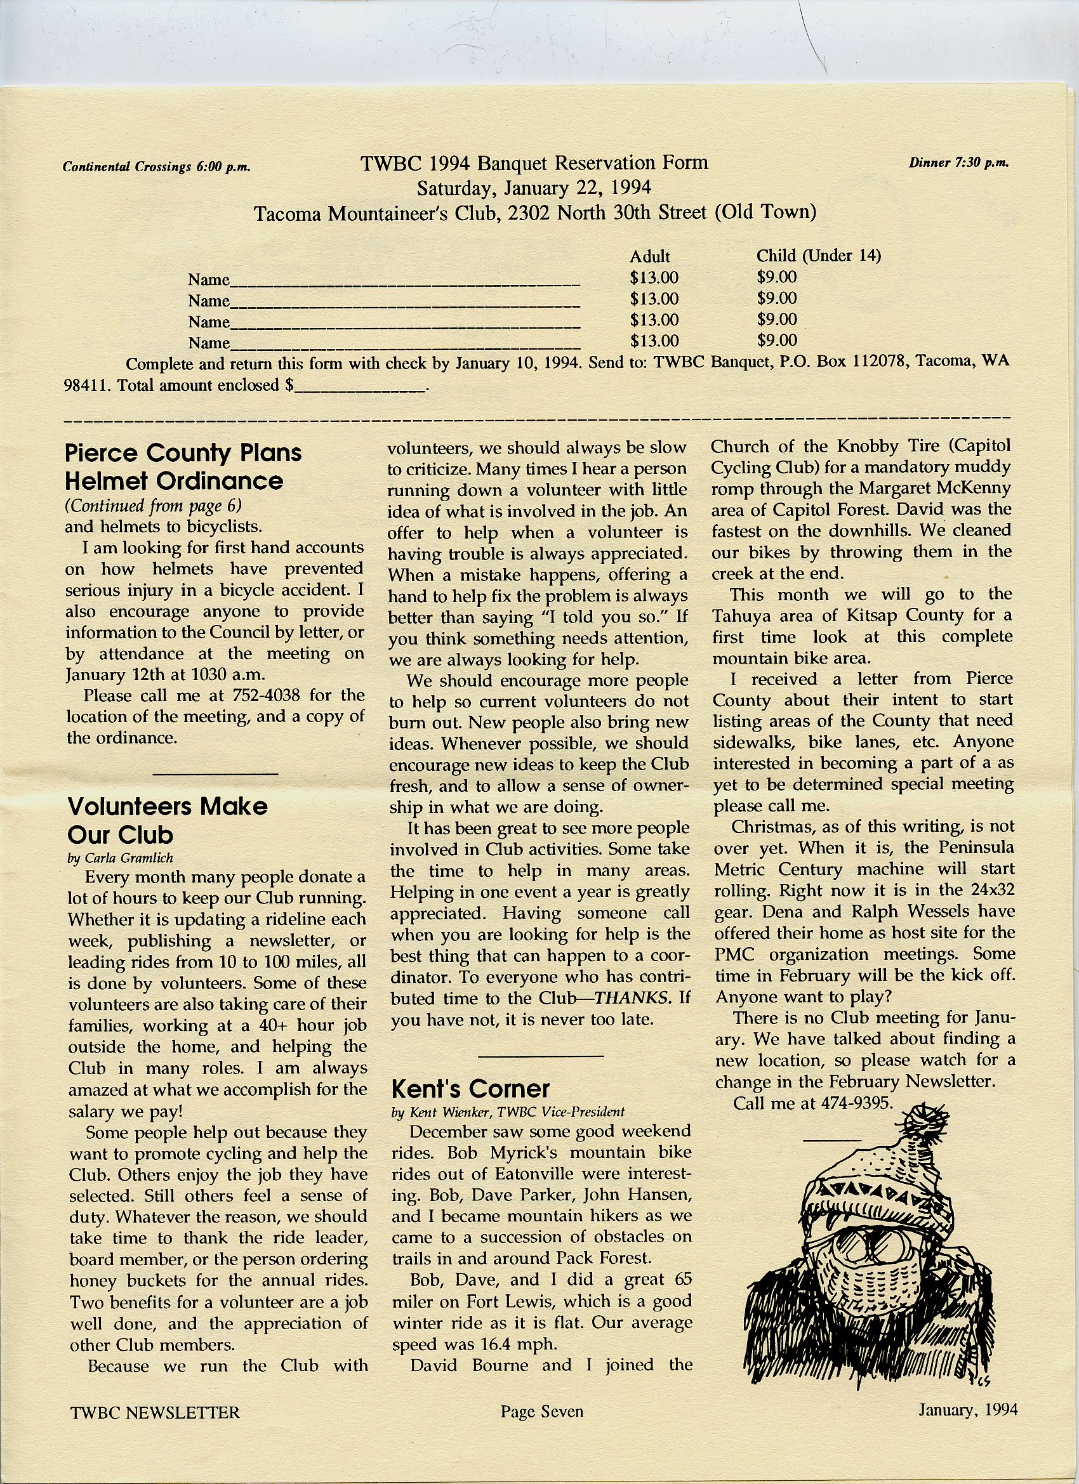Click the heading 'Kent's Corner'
pos(470,1088)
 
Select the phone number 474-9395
pos(851,1103)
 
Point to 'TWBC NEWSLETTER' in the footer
pos(155,1412)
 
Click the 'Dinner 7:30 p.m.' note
pos(958,163)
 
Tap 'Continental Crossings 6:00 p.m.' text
pos(157,167)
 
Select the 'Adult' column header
pos(649,256)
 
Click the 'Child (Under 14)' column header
pos(818,255)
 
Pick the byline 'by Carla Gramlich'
pos(120,858)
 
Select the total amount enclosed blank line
pos(360,388)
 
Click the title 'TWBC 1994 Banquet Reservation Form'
pos(534,162)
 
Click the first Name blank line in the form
pos(405,283)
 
